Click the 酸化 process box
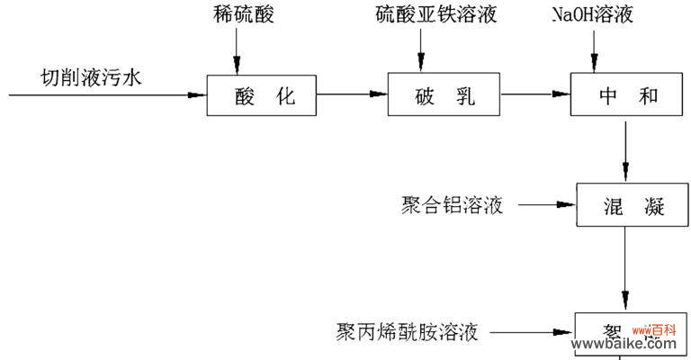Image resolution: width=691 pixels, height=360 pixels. pos(262,94)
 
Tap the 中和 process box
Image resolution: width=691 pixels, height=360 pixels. pos(627,94)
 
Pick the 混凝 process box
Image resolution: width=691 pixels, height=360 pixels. pos(628,206)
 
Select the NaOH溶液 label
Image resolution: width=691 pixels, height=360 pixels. pos(594,15)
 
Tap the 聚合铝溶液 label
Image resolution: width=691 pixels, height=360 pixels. pos(453,206)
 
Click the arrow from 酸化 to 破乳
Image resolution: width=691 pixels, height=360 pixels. pos(352,94)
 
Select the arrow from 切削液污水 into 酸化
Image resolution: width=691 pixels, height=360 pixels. pos(108,94)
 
